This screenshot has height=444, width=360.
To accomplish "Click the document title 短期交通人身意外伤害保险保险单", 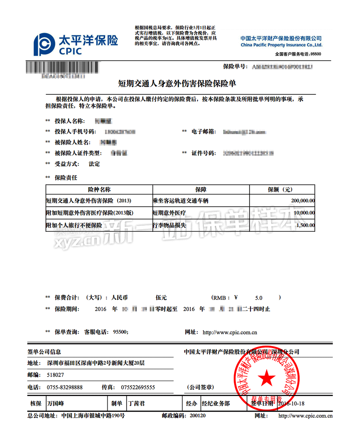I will click(177, 84).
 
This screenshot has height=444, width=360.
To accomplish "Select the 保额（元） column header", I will click(282, 190).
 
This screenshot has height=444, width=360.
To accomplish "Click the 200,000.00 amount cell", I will click(303, 201).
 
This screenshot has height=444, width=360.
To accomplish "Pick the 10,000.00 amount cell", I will click(304, 213).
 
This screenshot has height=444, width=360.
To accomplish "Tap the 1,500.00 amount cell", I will click(305, 225).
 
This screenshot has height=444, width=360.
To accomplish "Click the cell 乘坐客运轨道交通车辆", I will click(181, 201).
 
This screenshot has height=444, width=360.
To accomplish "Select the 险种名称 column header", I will click(99, 190).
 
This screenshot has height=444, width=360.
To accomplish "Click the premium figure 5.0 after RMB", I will click(258, 298).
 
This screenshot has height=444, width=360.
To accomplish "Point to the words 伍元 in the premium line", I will click(161, 298).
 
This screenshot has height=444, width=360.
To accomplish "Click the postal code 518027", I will click(55, 375).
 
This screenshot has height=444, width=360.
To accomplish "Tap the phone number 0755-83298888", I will click(65, 387).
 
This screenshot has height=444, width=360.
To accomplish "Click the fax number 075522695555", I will click(138, 387).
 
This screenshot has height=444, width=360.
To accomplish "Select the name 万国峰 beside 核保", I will click(56, 403).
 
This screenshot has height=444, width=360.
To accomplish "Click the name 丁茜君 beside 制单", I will click(137, 403).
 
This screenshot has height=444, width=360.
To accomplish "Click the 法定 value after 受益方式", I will click(94, 164).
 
